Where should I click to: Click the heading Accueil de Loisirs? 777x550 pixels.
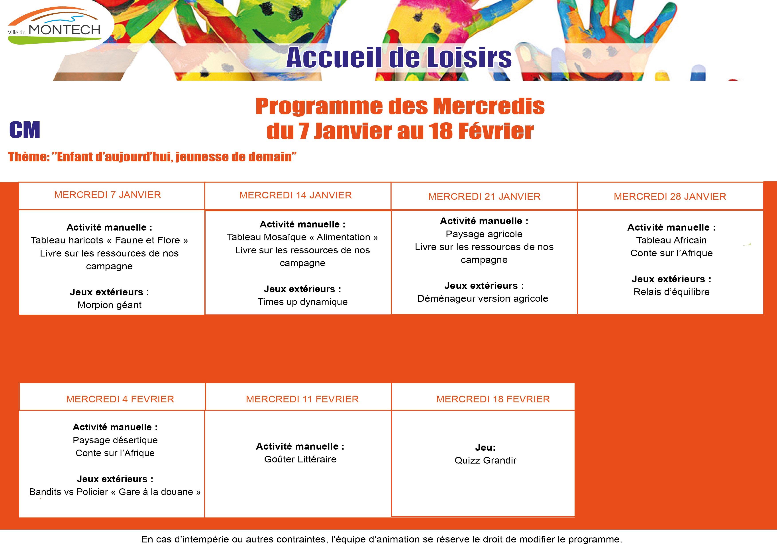399,58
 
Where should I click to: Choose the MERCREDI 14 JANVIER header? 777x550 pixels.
295,195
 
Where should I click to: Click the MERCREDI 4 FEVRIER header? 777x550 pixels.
120,399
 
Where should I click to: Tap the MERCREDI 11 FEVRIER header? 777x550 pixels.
302,399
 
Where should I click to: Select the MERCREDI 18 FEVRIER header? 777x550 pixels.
493,399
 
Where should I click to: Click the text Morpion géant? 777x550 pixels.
109,305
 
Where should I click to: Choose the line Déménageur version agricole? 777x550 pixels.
483,299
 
